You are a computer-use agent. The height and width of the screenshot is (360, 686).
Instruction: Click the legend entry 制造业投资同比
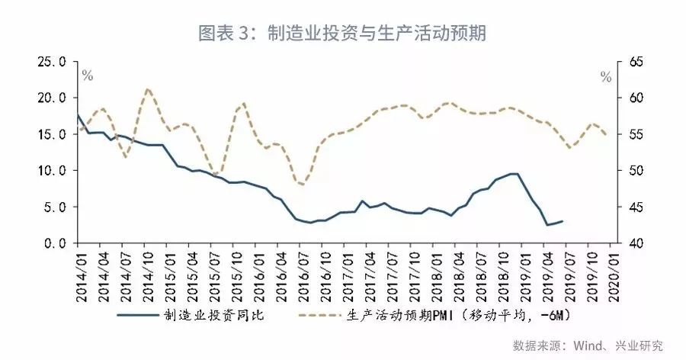point(202,314)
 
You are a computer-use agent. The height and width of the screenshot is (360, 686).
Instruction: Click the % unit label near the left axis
point(88,76)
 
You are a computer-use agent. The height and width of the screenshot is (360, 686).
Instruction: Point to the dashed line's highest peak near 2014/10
point(148,89)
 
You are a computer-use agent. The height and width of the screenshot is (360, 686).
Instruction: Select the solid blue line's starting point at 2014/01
point(78,115)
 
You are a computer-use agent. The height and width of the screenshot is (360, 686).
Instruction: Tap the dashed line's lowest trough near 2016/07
point(303,185)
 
